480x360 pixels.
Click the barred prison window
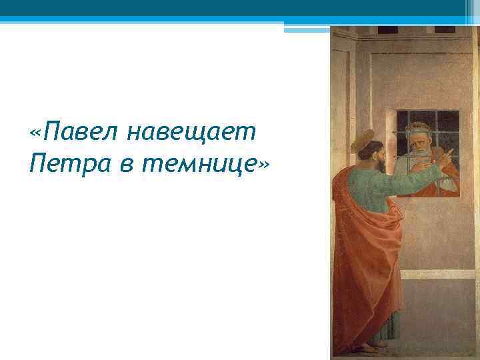(x=427, y=152)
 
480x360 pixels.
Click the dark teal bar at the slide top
(x=240, y=8)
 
